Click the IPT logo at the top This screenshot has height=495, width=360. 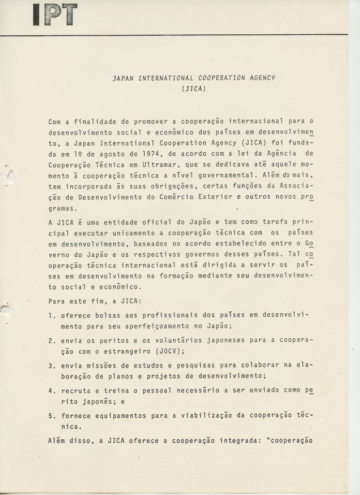pos(55,15)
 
